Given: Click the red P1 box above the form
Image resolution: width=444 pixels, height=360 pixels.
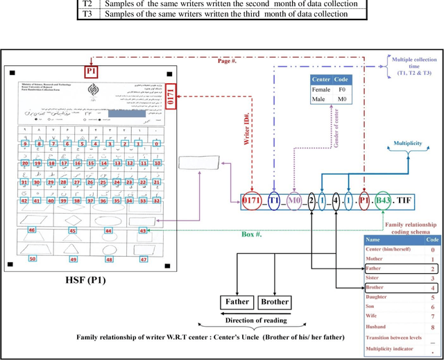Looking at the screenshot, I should pyautogui.click(x=92, y=71).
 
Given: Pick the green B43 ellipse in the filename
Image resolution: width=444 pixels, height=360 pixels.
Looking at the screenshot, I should pyautogui.click(x=382, y=201).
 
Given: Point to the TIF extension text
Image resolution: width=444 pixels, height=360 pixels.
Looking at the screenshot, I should pyautogui.click(x=403, y=201).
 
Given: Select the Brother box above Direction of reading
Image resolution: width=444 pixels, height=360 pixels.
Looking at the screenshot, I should pyautogui.click(x=274, y=302).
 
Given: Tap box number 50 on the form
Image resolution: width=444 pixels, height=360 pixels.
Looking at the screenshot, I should pyautogui.click(x=32, y=259).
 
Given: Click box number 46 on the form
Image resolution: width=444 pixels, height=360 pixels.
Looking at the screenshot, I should pyautogui.click(x=32, y=229).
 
